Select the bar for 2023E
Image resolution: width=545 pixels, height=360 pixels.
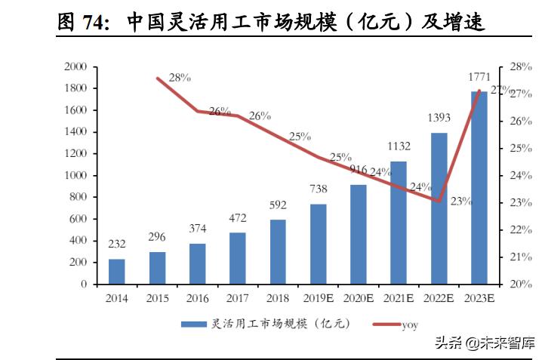tap(479, 188)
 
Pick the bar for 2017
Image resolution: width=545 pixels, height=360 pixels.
tap(238, 258)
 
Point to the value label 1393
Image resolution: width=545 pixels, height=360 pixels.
tap(439, 118)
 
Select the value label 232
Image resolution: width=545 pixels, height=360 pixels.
tap(117, 245)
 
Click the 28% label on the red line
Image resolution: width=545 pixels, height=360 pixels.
tap(180, 77)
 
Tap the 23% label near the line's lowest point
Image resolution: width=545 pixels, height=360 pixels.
tap(460, 202)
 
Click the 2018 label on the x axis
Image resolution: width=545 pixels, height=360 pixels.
tap(278, 299)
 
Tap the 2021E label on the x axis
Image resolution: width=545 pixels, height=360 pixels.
tap(398, 299)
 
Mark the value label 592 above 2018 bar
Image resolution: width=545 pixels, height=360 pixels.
tap(278, 205)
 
